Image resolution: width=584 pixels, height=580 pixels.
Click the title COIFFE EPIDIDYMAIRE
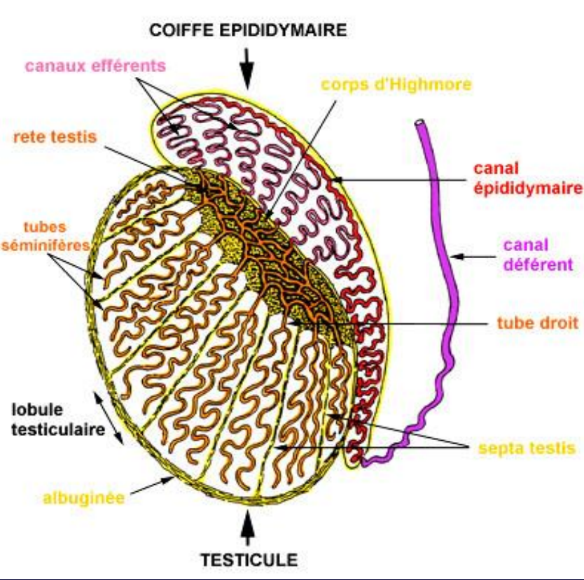(248, 30)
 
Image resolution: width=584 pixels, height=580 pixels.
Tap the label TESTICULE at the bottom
(249, 560)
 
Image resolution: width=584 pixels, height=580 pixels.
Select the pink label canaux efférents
(95, 66)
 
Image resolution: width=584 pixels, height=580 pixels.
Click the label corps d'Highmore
(396, 85)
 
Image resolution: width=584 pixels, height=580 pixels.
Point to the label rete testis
(55, 137)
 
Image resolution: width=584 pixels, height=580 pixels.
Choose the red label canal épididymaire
(528, 178)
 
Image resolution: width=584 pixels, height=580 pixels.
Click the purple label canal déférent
(538, 255)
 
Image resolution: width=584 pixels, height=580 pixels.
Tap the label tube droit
(538, 323)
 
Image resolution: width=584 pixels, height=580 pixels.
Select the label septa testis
(527, 448)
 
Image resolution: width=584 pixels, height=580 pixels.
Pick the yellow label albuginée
(84, 497)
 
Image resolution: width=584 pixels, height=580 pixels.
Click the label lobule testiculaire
(59, 420)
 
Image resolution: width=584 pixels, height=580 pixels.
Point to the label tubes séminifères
(46, 236)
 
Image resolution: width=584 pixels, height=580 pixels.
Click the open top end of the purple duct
(419, 122)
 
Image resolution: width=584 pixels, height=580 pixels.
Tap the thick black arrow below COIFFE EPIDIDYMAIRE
(246, 69)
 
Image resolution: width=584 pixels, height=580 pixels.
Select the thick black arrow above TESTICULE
(247, 528)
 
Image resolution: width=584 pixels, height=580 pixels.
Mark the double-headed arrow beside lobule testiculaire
(109, 418)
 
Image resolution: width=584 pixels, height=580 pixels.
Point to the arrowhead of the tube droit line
(294, 323)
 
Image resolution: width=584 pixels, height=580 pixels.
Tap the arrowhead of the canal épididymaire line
(337, 180)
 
